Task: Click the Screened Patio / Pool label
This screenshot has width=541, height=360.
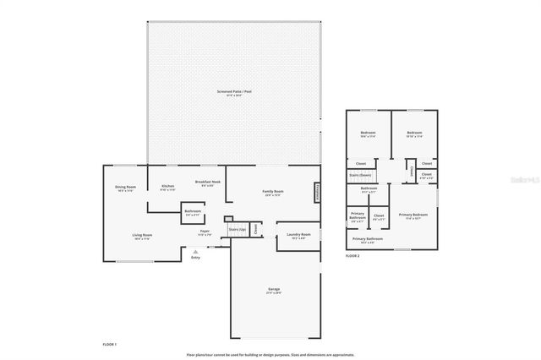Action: (x=234, y=91)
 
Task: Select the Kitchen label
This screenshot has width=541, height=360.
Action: (x=167, y=186)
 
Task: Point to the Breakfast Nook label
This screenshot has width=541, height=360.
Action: (x=208, y=182)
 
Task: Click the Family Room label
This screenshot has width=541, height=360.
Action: (x=272, y=191)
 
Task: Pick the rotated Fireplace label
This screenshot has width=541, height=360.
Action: (x=318, y=192)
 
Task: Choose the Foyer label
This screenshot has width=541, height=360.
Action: (x=205, y=231)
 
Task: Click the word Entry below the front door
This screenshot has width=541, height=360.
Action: (x=195, y=257)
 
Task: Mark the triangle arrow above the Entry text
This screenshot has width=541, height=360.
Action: (x=195, y=251)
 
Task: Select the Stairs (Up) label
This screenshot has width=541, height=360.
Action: (x=237, y=229)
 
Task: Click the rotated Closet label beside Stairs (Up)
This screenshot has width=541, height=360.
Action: (x=255, y=228)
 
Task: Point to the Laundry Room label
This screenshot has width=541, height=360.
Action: (x=298, y=234)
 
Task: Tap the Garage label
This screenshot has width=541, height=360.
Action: (x=274, y=290)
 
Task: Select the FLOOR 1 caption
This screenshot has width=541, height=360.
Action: (x=109, y=345)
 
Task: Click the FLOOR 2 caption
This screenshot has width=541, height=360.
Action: (x=352, y=255)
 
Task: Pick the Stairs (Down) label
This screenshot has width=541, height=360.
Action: (x=360, y=175)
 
